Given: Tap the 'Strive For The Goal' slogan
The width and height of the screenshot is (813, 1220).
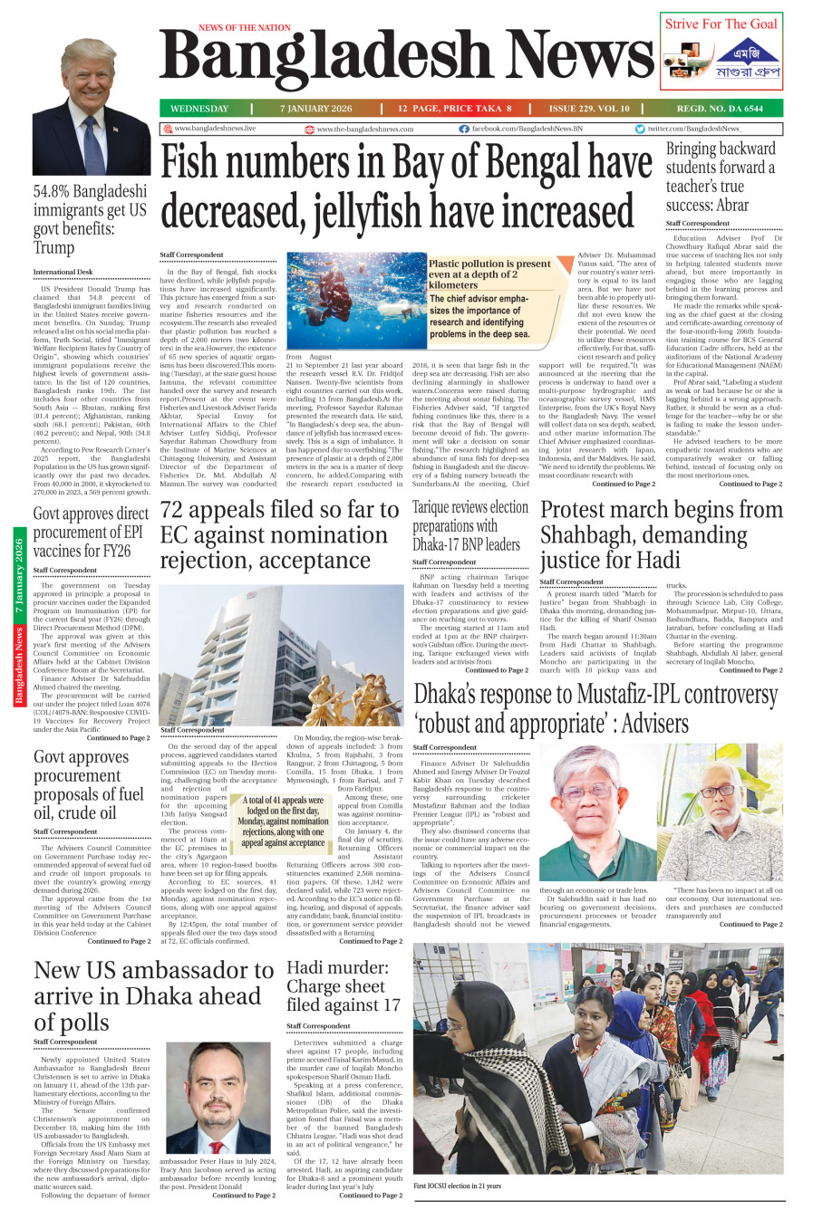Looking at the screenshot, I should click(x=721, y=24).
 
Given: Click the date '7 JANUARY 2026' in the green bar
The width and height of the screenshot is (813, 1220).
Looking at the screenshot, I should click(x=315, y=109).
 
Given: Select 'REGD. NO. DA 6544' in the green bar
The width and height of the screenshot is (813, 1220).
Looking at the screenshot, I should click(x=720, y=109).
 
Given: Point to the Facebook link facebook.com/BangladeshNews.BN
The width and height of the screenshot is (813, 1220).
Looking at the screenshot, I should click(x=521, y=130).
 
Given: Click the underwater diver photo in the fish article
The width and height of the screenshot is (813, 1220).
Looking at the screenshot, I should click(x=355, y=301).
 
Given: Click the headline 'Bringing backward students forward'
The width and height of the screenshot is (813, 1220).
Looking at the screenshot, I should click(x=721, y=178).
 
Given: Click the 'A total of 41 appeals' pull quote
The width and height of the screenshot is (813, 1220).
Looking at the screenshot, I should click(x=283, y=821).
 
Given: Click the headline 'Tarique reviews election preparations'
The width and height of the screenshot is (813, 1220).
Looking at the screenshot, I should click(x=469, y=526).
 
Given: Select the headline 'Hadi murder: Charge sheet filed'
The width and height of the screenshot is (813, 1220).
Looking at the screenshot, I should click(x=343, y=985).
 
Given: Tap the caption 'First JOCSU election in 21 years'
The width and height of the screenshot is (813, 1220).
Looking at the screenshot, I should click(x=457, y=1186).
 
